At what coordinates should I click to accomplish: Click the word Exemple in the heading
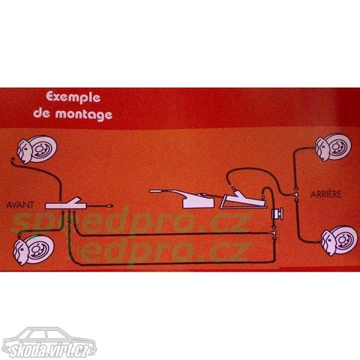point(73,97)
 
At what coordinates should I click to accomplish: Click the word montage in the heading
point(84,115)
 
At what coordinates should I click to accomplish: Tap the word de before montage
point(42,113)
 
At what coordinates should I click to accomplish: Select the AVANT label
point(19,205)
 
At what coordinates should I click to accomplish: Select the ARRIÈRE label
point(326,194)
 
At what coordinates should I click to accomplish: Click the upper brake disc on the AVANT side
point(37,149)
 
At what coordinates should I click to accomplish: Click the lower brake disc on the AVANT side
point(33,250)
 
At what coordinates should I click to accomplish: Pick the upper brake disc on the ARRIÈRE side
point(333,147)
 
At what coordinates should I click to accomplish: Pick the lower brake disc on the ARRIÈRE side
point(339,241)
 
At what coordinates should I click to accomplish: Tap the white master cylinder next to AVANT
point(66,204)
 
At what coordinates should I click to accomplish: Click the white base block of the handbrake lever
point(199,202)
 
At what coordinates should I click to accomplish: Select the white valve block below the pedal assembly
point(277,214)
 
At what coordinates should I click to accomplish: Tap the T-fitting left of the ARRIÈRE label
point(295,194)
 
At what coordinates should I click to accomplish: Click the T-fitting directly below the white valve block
point(274,232)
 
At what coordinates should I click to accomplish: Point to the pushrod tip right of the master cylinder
point(109,206)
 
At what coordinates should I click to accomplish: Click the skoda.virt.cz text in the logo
point(49,349)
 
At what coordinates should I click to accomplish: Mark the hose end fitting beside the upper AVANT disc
point(13,160)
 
